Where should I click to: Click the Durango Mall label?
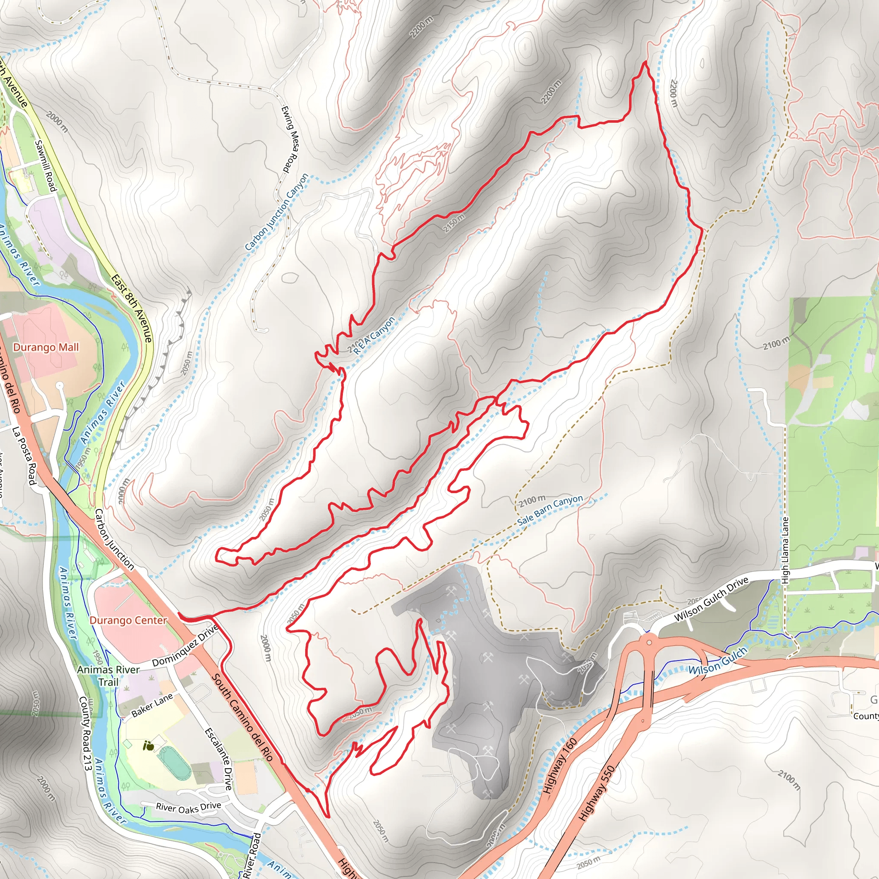[46, 348]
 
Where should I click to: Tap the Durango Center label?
[128, 621]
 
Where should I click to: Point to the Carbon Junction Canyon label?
[277, 212]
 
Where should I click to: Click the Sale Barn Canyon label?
[550, 510]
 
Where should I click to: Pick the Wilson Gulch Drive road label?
[711, 599]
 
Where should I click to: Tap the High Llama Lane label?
[785, 551]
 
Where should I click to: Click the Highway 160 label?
[560, 766]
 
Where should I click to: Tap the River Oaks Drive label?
[188, 808]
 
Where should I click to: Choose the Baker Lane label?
[152, 705]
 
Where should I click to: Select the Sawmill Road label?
[45, 165]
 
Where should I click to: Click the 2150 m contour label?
[454, 223]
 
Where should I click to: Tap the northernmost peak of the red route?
[645, 62]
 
